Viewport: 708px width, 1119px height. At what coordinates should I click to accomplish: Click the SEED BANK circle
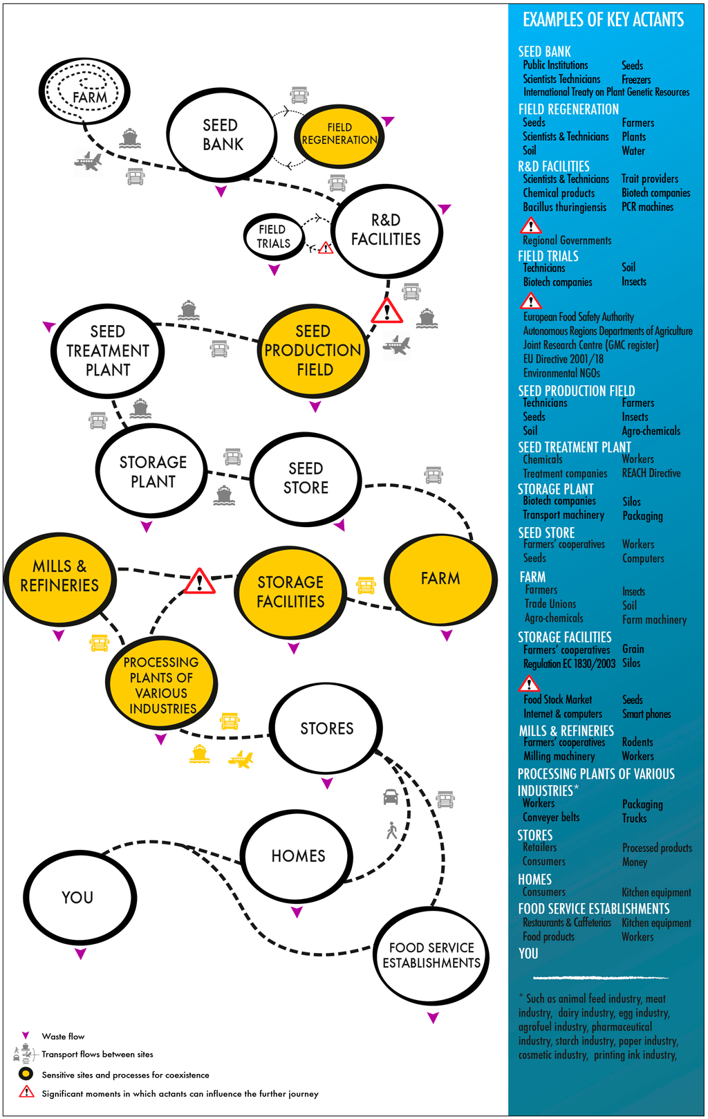pos(222,135)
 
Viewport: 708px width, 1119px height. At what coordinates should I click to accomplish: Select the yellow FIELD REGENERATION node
pos(339,134)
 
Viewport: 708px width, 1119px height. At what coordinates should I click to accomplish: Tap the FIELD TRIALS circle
pos(274,237)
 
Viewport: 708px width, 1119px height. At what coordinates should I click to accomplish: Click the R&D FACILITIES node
pos(386,230)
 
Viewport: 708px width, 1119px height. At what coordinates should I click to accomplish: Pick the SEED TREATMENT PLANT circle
pos(108,351)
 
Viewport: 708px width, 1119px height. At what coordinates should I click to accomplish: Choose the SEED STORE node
pos(306,479)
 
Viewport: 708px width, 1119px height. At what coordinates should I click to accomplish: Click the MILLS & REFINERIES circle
pos(60,576)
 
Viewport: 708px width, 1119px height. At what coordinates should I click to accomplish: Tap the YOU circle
pos(78,897)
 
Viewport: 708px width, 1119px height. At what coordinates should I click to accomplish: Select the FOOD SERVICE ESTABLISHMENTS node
pos(431,955)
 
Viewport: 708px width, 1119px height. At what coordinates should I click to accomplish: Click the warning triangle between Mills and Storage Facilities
pos(199,582)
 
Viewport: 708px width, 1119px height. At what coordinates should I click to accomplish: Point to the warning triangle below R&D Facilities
pos(387,312)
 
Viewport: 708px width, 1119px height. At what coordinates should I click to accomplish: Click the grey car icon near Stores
pos(391,797)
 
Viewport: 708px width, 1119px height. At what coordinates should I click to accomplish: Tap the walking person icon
pos(392,830)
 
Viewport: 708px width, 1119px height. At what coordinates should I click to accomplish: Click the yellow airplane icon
pos(240,759)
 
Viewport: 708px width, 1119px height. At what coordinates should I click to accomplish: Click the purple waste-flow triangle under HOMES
pos(297,912)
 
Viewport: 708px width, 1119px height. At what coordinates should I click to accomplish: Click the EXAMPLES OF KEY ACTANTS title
pos(603,20)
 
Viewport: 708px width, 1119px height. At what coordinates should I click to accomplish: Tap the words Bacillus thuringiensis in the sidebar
pos(564,207)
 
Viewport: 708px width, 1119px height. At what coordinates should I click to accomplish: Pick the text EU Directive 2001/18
pos(563,359)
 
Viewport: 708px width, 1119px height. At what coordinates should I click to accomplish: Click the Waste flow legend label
pos(63,1036)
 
